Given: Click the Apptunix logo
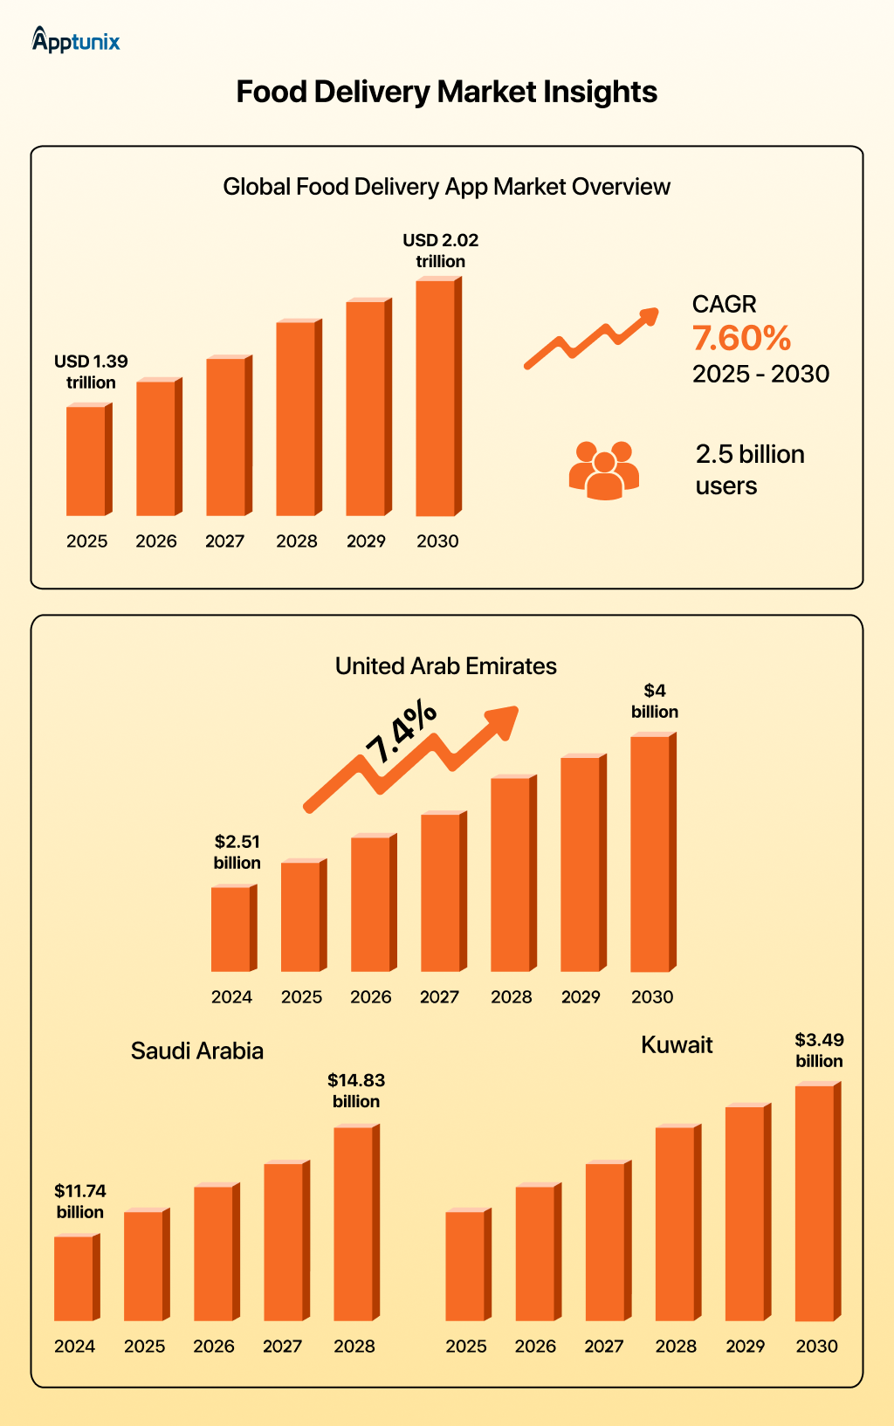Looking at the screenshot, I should click(76, 40).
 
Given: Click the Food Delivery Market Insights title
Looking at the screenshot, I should click(446, 92).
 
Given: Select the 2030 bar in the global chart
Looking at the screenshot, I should click(437, 397).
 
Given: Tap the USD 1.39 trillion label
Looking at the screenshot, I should click(91, 372).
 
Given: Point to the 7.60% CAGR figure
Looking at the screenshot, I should click(741, 339).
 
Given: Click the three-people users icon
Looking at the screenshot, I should click(604, 471).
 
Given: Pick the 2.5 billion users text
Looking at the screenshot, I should click(749, 470).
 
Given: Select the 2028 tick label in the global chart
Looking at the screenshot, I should click(297, 541).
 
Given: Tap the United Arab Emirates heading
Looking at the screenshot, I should click(445, 666).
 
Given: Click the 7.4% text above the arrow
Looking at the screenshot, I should click(401, 732).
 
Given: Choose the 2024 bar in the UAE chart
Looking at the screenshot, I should click(232, 928).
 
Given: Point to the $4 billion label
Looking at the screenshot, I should click(655, 701).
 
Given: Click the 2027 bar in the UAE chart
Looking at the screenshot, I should click(442, 892).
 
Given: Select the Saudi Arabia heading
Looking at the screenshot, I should click(197, 1051).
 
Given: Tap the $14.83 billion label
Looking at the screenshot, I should click(356, 1091).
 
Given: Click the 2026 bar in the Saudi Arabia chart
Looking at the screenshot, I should click(215, 1253).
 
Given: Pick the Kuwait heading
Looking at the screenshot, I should click(677, 1045).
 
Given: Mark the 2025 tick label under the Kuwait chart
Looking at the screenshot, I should click(466, 1347).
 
